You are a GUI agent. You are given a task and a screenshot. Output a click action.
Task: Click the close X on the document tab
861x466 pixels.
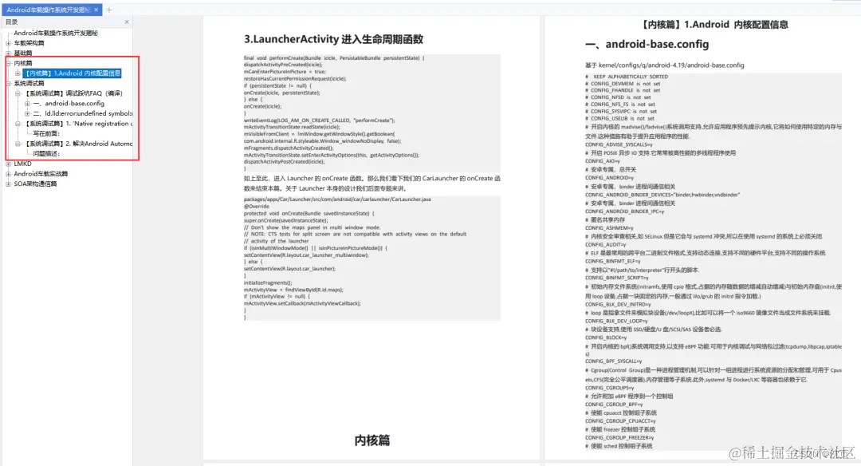point(96,10)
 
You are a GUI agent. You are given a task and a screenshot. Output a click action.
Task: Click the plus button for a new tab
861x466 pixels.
point(109,10)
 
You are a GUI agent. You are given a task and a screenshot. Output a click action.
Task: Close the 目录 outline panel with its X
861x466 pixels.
point(127,22)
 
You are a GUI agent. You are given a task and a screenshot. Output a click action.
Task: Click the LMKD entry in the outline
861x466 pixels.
point(22,164)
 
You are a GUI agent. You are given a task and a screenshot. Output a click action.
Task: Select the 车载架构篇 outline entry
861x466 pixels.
point(30,43)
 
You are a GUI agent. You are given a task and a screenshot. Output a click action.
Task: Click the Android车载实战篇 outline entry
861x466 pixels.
point(41,173)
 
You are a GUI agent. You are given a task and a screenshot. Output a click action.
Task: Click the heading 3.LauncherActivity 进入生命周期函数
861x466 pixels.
point(333,39)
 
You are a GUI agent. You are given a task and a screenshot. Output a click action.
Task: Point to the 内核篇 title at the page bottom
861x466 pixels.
point(372,440)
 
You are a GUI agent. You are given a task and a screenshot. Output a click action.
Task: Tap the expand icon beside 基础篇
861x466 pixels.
point(8,53)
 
